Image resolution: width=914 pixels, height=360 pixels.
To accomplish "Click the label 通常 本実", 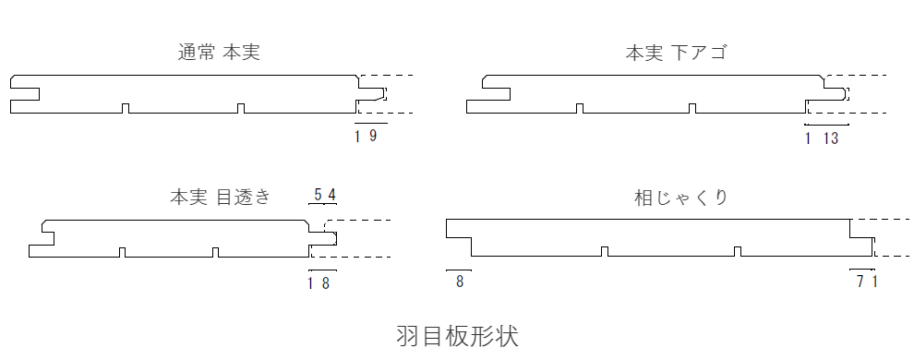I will pyautogui.click(x=219, y=53).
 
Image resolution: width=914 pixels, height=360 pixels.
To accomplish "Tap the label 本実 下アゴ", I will pyautogui.click(x=676, y=53).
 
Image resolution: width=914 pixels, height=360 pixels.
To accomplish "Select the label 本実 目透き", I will pyautogui.click(x=221, y=198).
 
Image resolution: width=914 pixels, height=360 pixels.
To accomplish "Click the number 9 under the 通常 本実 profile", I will pyautogui.click(x=373, y=137).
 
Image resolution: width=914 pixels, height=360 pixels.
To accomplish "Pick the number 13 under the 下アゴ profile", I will pyautogui.click(x=829, y=139).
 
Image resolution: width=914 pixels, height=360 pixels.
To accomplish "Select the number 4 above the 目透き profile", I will pyautogui.click(x=331, y=195).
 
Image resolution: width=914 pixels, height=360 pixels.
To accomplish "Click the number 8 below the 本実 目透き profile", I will pyautogui.click(x=325, y=282).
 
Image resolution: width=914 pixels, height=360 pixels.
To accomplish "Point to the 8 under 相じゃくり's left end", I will pyautogui.click(x=460, y=282).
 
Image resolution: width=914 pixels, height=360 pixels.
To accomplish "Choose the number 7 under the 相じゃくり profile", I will pyautogui.click(x=860, y=282).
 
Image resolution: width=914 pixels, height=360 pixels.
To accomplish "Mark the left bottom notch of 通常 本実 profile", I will pyautogui.click(x=126, y=109).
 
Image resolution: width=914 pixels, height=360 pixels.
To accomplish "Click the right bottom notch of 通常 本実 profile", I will pyautogui.click(x=241, y=109).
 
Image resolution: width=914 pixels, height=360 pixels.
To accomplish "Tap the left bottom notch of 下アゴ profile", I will pyautogui.click(x=580, y=109).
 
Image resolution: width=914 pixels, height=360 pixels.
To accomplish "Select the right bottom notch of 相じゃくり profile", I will pyautogui.click(x=736, y=252).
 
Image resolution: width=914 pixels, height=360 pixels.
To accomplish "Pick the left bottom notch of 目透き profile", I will pyautogui.click(x=121, y=252).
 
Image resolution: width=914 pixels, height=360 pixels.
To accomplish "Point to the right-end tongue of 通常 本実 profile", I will pyautogui.click(x=373, y=93).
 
